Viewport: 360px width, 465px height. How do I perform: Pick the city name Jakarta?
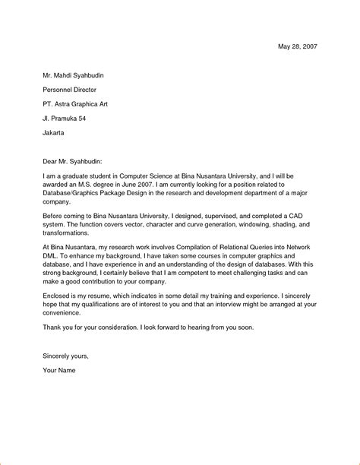click(x=54, y=133)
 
